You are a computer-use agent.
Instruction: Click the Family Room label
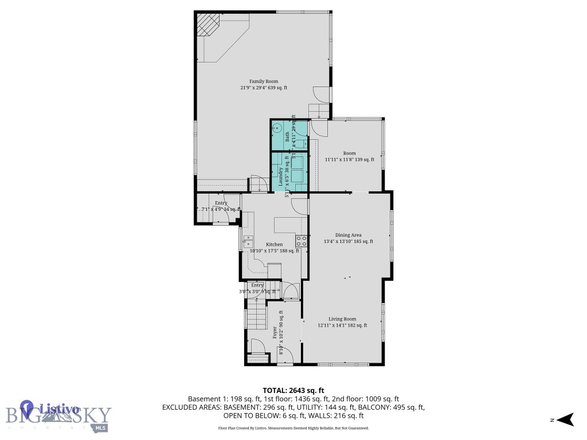tap(264, 81)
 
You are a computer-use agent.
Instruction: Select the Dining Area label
tap(348, 235)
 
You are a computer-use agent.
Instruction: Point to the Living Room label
tap(342, 319)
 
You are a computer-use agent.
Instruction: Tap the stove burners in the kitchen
tap(300, 241)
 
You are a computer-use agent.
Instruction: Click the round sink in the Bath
tap(276, 129)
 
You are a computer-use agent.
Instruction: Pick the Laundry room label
tap(281, 176)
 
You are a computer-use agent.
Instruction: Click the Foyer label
tap(275, 333)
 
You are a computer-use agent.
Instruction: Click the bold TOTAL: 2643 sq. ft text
tap(293, 389)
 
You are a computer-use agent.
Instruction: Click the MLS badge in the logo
tap(100, 427)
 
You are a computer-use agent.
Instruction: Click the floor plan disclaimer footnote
tap(293, 428)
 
